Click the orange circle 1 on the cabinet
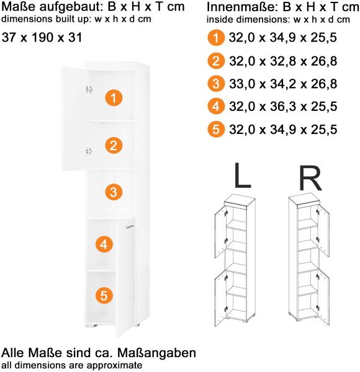(x=114, y=97)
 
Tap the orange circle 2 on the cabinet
(x=113, y=146)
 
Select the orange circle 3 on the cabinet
(x=112, y=192)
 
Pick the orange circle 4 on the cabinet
(x=105, y=245)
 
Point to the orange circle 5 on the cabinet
(x=105, y=296)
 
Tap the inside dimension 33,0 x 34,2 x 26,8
(x=282, y=84)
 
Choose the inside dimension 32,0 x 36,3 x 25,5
(x=282, y=107)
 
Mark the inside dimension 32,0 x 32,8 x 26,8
(x=282, y=61)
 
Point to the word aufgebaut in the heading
(x=70, y=9)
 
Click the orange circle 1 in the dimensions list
(x=214, y=38)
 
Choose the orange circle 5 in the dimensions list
(x=214, y=130)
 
